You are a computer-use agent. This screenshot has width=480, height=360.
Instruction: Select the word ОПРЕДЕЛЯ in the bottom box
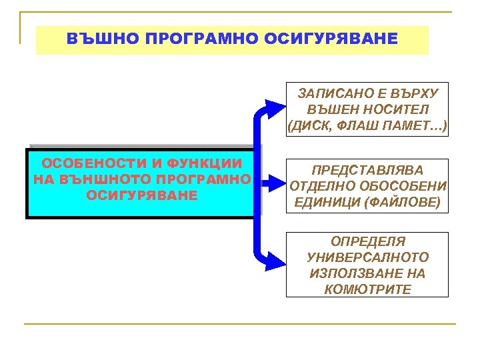pos(367,241)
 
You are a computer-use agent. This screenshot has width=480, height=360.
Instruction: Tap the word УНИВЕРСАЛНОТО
pos(367,257)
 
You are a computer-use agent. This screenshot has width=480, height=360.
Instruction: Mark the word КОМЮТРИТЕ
pos(367,289)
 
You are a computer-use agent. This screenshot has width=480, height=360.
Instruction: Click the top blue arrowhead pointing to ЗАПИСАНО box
pos(275,107)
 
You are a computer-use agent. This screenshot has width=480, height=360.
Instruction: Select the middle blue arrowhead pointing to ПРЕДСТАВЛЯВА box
pos(273,181)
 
